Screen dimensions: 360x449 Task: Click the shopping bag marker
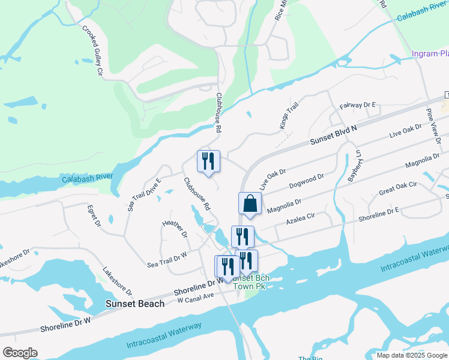[250, 203]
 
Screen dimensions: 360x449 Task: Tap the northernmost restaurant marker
[208, 161]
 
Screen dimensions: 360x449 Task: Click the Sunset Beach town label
[135, 304]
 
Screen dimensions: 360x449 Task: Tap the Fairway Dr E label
[357, 105]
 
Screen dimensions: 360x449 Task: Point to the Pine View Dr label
[433, 124]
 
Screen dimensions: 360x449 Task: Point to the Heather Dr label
[175, 229]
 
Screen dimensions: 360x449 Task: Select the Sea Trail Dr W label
[167, 259]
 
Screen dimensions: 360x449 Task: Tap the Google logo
[20, 353]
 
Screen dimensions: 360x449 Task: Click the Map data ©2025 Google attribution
[412, 355]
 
